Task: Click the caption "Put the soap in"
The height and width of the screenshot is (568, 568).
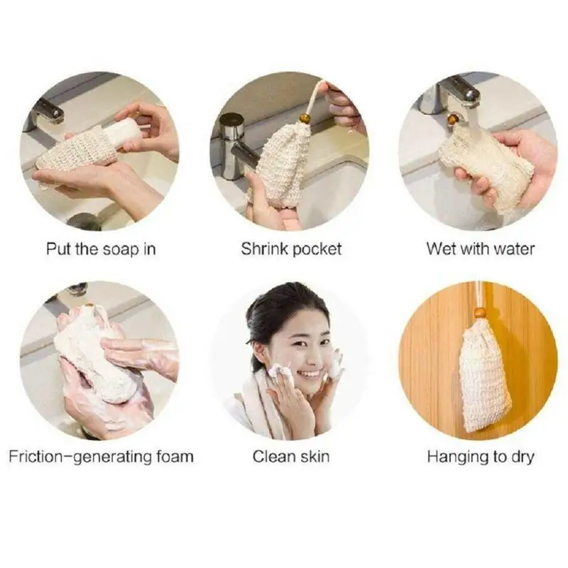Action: (x=101, y=249)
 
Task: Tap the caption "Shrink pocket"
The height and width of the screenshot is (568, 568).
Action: (x=291, y=249)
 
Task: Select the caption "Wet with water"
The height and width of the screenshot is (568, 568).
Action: (x=481, y=249)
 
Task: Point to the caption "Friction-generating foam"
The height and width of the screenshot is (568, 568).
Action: (x=101, y=456)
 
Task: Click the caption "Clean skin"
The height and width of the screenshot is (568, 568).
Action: (x=291, y=456)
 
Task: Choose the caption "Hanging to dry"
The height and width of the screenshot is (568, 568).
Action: (x=481, y=456)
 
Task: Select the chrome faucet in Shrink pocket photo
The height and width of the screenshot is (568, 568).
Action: (x=234, y=142)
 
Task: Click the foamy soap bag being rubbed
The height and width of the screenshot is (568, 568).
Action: (x=96, y=355)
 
